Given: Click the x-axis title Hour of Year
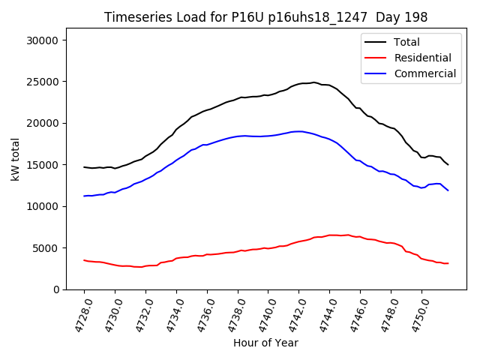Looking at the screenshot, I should [265, 343].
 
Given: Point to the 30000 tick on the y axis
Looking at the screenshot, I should [50, 40].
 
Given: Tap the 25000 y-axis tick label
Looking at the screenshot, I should [50, 82].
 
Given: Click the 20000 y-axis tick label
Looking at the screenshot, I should [50, 123].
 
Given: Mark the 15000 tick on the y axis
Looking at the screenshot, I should [50, 165].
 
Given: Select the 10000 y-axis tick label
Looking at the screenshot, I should [50, 206].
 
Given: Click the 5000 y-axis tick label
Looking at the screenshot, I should [53, 247].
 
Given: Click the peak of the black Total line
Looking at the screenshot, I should [313, 82].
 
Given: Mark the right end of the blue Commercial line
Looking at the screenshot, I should [448, 190].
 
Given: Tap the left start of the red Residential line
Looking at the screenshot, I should [84, 260].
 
